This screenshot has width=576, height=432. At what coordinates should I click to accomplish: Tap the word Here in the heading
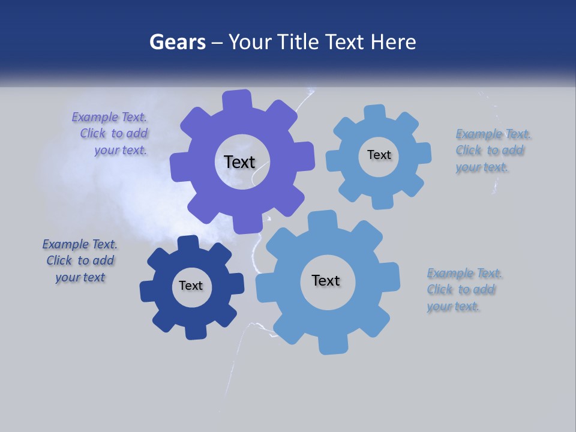coord(394,42)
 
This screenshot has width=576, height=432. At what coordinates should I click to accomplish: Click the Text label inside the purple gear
coord(239,162)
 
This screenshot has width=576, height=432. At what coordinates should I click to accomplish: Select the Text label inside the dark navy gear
coord(191,286)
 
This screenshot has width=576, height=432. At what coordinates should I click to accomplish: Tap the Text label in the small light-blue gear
coord(379,155)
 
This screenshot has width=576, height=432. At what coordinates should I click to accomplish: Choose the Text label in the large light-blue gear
coord(326,280)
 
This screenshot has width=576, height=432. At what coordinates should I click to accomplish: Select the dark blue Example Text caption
coord(80,260)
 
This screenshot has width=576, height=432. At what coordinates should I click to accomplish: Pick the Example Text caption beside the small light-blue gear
coord(492,151)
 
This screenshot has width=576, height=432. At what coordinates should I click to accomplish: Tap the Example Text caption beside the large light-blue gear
coord(464,289)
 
